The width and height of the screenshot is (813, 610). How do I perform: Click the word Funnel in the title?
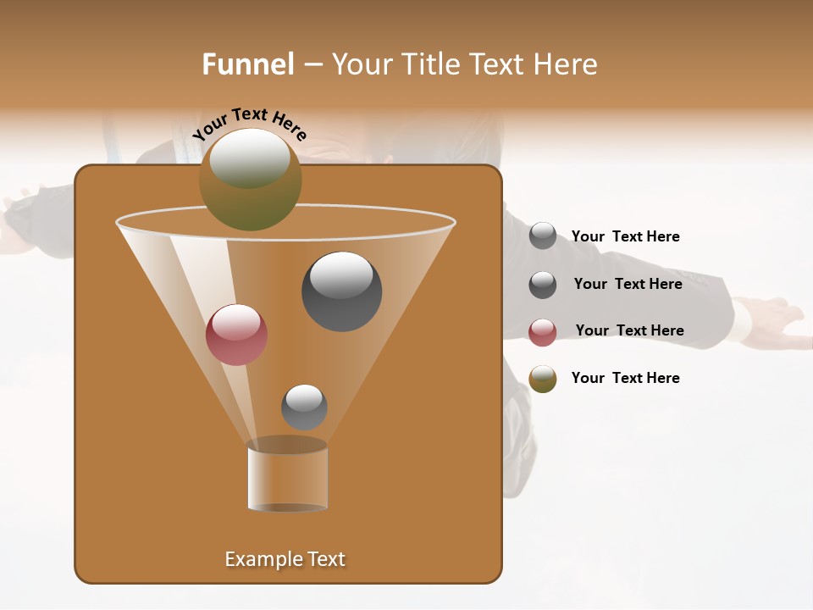[x=247, y=64]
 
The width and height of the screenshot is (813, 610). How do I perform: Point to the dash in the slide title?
[x=312, y=65]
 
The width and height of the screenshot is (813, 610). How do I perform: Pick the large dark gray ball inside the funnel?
[x=341, y=292]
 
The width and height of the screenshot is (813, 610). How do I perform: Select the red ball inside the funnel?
[x=236, y=335]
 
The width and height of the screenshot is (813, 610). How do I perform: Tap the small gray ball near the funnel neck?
[x=304, y=407]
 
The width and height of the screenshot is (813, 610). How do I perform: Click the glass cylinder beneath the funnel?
[x=287, y=479]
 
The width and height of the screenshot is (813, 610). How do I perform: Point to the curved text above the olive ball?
[x=250, y=124]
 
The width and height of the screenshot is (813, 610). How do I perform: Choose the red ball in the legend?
[x=543, y=332]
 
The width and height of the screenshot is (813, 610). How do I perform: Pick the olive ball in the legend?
[x=543, y=379]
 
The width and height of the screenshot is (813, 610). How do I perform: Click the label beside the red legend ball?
[x=629, y=330]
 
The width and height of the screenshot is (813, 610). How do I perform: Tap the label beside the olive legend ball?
[x=625, y=378]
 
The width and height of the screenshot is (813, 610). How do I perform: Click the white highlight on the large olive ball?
[x=250, y=158]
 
